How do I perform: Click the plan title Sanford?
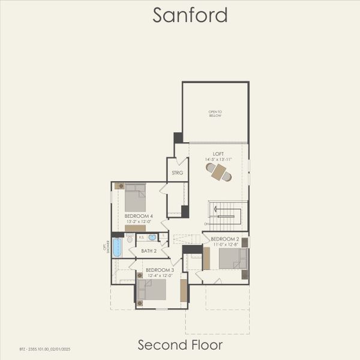[x=190, y=15]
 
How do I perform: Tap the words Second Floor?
[x=180, y=344]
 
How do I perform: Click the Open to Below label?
[x=215, y=113]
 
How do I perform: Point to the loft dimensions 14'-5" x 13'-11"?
[x=218, y=160]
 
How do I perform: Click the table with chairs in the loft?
[x=218, y=172]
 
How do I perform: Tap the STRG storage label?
[x=177, y=172]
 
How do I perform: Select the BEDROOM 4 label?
[x=139, y=215]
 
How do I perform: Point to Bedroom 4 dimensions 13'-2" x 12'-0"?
[x=139, y=221]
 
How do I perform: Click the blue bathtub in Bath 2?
[x=117, y=248]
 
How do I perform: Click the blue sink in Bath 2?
[x=152, y=238]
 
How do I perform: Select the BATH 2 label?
[x=149, y=251]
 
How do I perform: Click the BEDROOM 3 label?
[x=160, y=270]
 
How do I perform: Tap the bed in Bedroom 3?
[x=152, y=289]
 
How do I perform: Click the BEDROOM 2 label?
[x=225, y=239]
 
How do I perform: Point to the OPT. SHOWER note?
[x=107, y=247]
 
